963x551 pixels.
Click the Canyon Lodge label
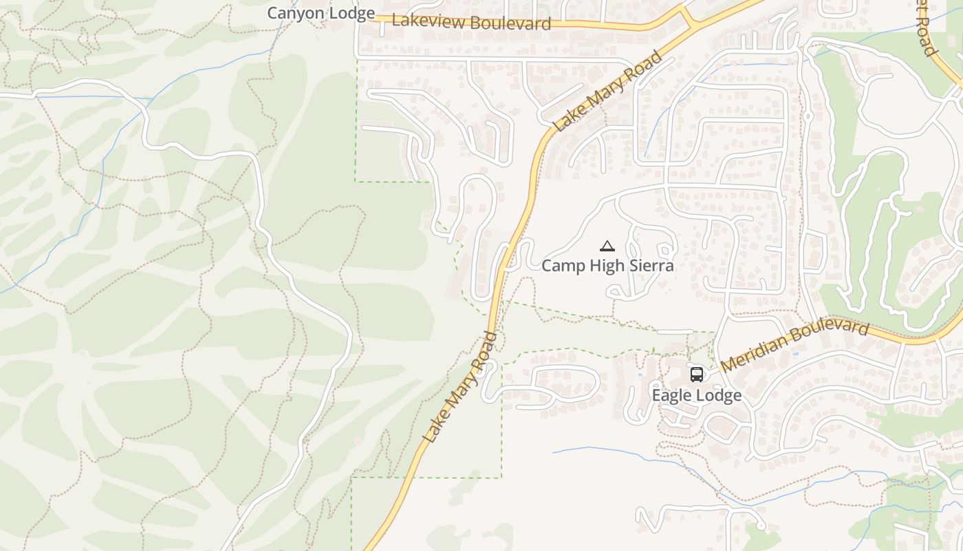(321, 13)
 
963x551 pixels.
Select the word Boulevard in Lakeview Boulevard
(512, 24)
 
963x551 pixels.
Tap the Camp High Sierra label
(607, 266)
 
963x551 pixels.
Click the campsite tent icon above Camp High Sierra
(607, 246)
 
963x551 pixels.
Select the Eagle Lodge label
(696, 395)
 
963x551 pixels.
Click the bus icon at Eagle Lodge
(697, 375)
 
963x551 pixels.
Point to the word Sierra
(649, 266)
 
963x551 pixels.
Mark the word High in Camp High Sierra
(605, 266)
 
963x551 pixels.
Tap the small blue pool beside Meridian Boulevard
(796, 354)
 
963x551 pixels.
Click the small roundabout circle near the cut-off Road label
(808, 117)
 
